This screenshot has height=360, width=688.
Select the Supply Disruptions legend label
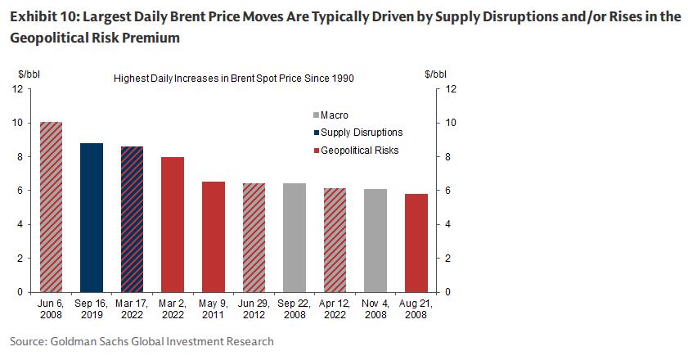click(x=362, y=133)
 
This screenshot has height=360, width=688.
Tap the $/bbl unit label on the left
click(x=29, y=74)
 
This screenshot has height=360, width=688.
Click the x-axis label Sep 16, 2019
click(x=92, y=309)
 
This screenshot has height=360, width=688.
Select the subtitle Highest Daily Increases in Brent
click(x=233, y=78)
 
